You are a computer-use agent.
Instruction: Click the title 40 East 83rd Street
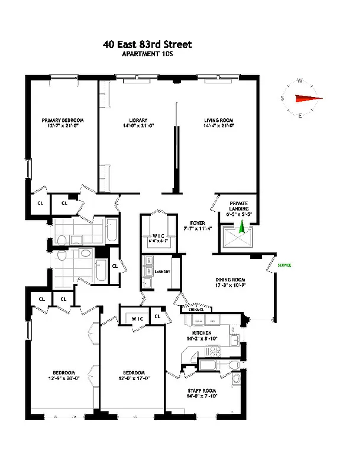point(147,44)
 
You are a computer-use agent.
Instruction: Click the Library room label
point(138,121)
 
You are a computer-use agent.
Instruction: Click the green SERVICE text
point(285,265)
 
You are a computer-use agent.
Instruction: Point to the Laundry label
point(163,272)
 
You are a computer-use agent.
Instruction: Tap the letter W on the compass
point(300,81)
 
